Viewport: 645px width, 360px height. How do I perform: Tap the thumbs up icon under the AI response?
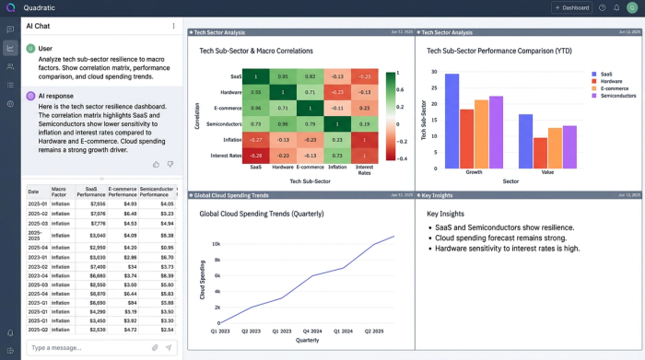click(x=156, y=164)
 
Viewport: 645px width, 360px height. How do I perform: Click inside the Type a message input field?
click(x=88, y=347)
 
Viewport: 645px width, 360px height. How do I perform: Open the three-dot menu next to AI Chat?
click(x=173, y=26)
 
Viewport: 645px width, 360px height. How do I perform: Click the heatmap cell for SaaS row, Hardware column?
click(x=283, y=76)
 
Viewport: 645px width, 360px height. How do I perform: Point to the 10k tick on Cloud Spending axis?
click(x=217, y=244)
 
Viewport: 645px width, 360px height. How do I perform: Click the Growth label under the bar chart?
click(x=474, y=171)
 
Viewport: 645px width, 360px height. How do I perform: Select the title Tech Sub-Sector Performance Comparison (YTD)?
click(x=497, y=51)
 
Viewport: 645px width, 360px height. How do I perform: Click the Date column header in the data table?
click(x=33, y=191)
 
